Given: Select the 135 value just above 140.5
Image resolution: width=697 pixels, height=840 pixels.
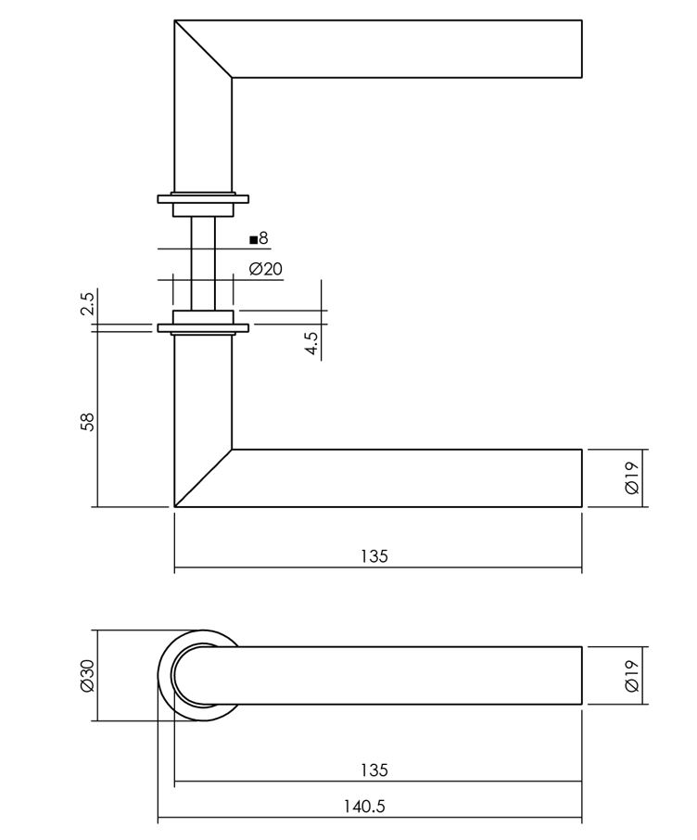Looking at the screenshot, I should tap(374, 770).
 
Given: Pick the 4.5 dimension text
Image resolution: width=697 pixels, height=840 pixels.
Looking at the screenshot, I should tap(313, 344).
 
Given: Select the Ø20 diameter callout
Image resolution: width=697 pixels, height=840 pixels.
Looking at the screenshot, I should tap(266, 270).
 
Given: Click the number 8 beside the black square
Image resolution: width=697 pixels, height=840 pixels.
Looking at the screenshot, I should tap(263, 238).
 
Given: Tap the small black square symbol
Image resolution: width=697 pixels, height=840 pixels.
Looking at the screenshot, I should tap(253, 239).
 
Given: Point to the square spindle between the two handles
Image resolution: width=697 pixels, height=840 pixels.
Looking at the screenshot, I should tap(203, 260).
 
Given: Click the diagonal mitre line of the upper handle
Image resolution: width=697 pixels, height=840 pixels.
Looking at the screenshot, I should tap(203, 48).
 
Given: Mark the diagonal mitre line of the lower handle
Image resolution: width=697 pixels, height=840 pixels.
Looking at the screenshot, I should tap(203, 478).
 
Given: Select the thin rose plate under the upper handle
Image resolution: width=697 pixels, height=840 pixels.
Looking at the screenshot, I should tap(203, 198).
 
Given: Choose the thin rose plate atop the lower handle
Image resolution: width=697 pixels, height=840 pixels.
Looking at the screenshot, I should tap(203, 327).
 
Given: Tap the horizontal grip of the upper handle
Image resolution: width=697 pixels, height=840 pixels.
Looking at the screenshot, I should tap(408, 48).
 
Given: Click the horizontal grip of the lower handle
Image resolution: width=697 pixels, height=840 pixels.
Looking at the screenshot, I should tap(408, 478).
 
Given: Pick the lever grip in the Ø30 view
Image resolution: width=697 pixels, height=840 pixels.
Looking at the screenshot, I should tap(408, 675).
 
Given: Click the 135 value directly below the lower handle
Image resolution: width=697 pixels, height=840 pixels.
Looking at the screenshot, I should tap(374, 556).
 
